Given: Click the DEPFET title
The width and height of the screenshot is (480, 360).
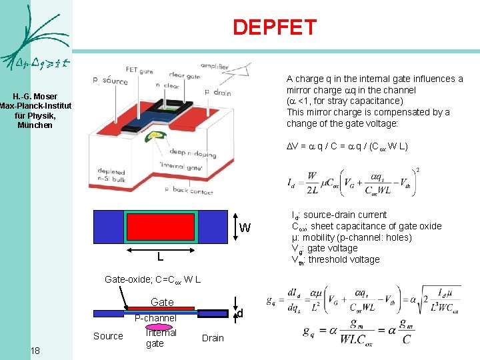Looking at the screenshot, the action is coord(274,27).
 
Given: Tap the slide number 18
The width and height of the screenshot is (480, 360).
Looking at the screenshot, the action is coord(35,351).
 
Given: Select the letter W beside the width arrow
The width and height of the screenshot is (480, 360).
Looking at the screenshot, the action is coord(245,228).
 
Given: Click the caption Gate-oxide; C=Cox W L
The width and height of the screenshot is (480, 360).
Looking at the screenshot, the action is coord(149,279).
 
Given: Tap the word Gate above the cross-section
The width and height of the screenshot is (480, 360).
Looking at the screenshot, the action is coord(162,302).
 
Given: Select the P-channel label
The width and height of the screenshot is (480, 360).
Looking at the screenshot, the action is coord(155,318).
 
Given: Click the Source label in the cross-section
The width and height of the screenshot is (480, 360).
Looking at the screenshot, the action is coord(108,336).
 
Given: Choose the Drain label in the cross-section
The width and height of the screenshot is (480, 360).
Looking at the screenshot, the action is coord(213,338).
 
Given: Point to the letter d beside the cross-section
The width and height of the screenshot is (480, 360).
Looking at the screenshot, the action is coord(240,313).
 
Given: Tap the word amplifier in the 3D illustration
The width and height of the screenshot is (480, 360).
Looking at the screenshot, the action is coord(214,67).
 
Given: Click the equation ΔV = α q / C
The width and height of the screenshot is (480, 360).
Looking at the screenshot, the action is coord(347,146).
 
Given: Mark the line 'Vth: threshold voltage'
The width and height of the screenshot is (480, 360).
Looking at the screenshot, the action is coord(336,260).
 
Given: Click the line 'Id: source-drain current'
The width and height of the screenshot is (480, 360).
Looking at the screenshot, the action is coord(339,215).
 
